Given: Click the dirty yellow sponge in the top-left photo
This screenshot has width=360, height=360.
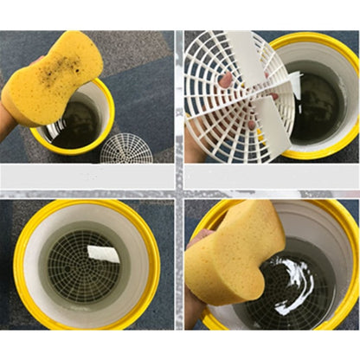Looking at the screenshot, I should [52, 78].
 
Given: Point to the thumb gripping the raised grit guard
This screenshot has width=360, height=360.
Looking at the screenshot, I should [227, 80].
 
